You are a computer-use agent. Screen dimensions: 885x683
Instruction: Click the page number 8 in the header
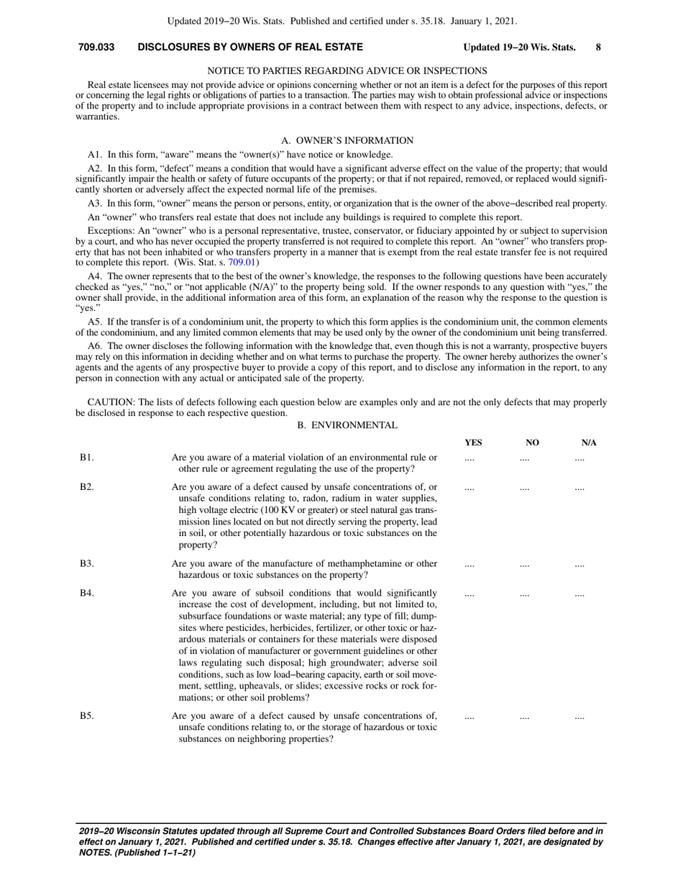(x=598, y=47)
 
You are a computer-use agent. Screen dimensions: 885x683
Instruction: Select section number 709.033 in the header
(x=96, y=47)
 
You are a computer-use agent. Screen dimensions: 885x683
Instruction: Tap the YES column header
(x=474, y=442)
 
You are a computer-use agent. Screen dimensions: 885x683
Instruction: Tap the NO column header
(x=533, y=442)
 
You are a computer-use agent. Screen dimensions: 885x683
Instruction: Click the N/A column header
(x=589, y=442)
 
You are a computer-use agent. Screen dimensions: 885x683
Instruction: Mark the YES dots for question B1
(x=469, y=458)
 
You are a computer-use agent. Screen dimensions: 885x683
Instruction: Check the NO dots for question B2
(x=524, y=488)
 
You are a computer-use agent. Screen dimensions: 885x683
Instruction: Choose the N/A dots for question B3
(x=579, y=565)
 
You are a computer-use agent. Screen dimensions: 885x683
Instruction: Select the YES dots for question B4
(x=469, y=594)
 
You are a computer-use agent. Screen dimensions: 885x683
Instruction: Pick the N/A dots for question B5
(x=579, y=717)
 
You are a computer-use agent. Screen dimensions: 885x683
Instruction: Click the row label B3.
(x=86, y=564)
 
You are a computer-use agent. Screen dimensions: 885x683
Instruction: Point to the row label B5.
(x=86, y=716)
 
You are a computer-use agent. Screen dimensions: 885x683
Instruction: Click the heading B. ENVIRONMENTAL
(x=347, y=425)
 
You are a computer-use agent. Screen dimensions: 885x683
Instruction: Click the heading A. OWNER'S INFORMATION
(x=347, y=140)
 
